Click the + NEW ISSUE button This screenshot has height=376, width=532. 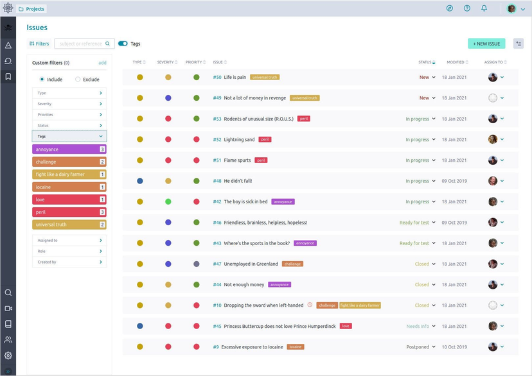coord(486,44)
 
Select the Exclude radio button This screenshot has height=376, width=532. coord(78,80)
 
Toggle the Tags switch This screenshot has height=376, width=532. coord(123,44)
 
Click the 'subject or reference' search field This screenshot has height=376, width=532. coord(81,44)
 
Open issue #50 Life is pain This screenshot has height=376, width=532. coord(235,78)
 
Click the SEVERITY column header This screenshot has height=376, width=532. coord(166,62)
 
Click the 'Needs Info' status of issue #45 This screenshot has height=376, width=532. coord(418,326)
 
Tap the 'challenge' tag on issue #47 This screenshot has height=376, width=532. coord(292,264)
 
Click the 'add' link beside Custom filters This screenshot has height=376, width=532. coord(102,63)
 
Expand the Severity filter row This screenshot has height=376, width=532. coord(69,104)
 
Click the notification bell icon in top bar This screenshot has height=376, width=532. coord(484,8)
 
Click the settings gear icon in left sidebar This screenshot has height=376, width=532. coord(8,355)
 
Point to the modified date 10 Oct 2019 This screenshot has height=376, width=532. coord(454,347)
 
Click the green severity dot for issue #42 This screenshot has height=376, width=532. coord(168,201)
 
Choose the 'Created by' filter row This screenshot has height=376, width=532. coord(69,262)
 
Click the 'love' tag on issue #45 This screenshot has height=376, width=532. coord(346,326)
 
